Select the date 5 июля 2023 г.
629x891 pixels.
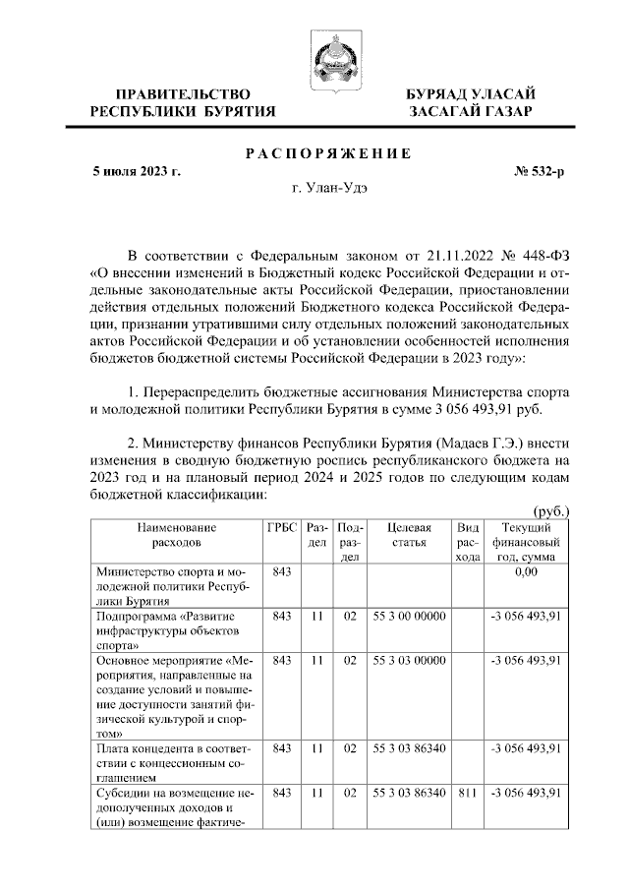tap(138, 171)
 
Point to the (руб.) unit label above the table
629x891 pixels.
tap(550, 512)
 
